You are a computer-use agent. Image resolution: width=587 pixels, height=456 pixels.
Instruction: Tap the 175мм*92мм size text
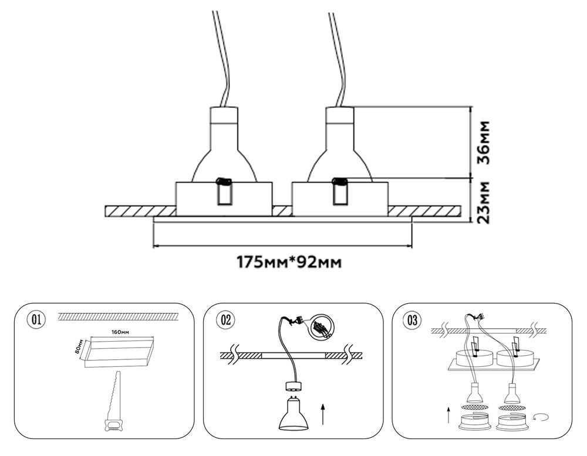tap(288, 261)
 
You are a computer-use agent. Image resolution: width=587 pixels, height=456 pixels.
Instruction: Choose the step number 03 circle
tap(413, 320)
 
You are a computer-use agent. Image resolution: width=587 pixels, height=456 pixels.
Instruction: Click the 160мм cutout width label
tap(121, 332)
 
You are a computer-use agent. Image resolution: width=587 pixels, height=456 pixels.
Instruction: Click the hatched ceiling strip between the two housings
tap(282, 210)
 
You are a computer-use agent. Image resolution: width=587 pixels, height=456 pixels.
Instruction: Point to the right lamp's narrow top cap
tap(340, 115)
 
